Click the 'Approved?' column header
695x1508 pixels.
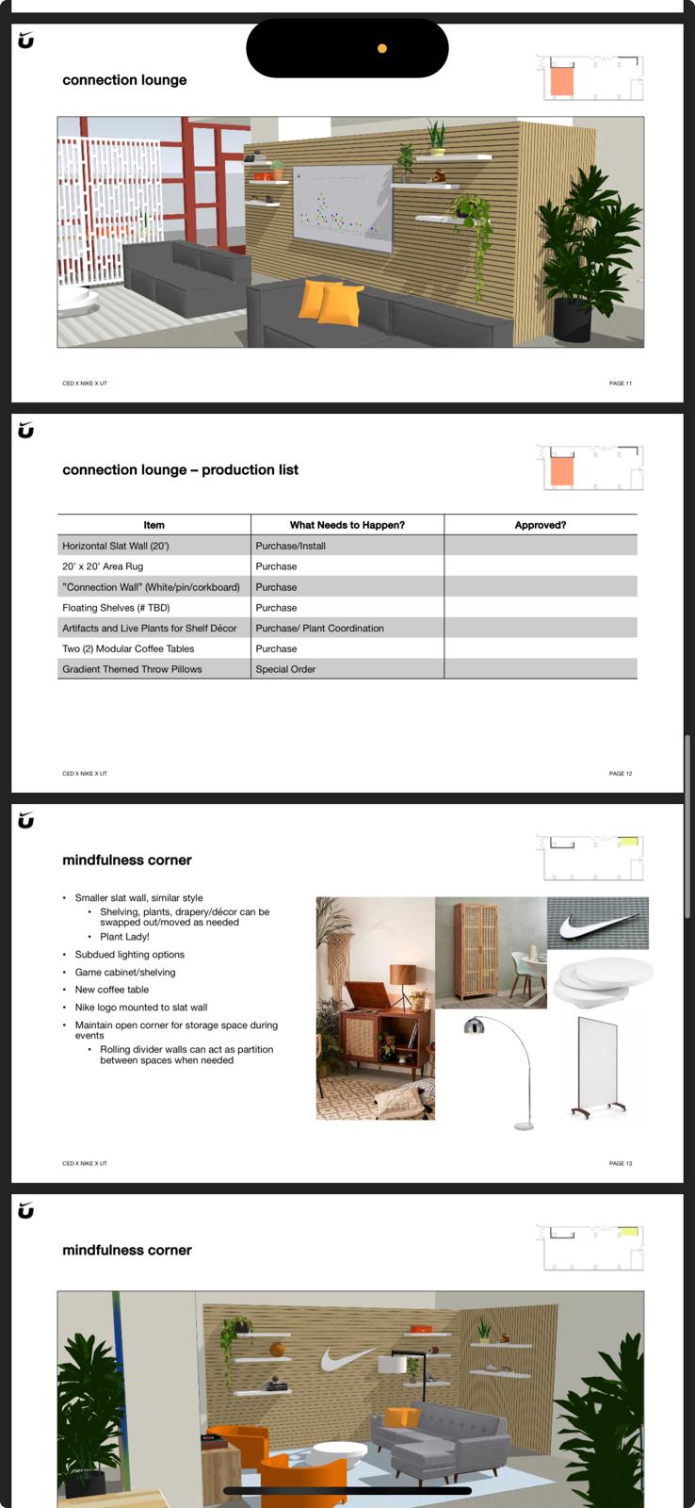pos(540,525)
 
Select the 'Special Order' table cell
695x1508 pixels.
pos(285,669)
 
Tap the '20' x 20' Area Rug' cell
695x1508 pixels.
pos(103,566)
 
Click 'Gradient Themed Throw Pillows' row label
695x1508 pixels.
pos(132,669)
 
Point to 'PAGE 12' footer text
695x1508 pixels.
pos(620,774)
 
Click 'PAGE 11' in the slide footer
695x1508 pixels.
pos(620,384)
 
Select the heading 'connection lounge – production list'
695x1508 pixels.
pos(180,470)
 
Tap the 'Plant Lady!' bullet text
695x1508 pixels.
pos(124,937)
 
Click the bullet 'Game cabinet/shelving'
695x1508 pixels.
pos(125,973)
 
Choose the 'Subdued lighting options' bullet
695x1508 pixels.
pos(130,955)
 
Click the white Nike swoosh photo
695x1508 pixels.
pos(598,924)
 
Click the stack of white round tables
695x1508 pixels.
pos(601,980)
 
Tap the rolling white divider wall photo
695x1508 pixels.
pos(594,1069)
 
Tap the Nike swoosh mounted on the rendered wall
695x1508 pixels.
pos(341,1359)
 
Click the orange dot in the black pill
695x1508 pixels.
pos(381,48)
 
